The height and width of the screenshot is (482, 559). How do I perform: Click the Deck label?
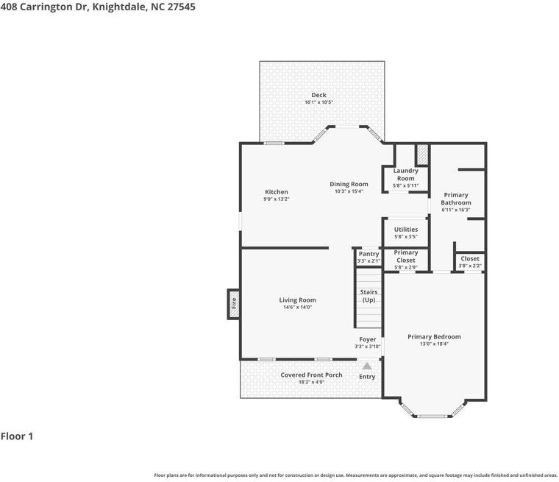(x=318, y=95)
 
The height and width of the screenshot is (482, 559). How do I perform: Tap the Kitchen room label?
(x=276, y=192)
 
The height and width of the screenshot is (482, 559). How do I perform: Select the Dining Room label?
(x=349, y=184)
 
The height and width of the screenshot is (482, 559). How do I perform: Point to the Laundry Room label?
(x=405, y=174)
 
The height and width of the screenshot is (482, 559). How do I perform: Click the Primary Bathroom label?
(x=455, y=199)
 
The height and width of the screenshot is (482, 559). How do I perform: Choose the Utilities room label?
(x=405, y=230)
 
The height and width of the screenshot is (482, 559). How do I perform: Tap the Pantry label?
(x=368, y=254)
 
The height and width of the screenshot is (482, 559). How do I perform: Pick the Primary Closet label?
(x=405, y=256)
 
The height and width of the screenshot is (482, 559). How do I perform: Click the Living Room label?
(x=297, y=300)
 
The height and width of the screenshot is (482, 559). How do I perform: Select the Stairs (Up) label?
(x=368, y=296)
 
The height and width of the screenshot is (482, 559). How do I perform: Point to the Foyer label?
(x=367, y=339)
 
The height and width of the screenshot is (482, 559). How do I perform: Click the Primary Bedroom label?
(x=434, y=336)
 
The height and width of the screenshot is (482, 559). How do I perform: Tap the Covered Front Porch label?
(x=311, y=375)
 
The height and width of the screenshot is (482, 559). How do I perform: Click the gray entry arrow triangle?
(x=367, y=365)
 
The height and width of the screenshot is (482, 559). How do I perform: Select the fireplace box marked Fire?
(x=234, y=302)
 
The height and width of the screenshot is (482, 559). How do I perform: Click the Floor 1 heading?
(x=17, y=436)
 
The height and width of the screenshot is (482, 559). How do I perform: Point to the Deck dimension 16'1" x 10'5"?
(x=318, y=102)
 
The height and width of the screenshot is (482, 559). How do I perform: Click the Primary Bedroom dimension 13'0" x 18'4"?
(x=434, y=344)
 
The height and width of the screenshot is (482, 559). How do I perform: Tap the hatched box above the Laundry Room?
(x=422, y=155)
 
